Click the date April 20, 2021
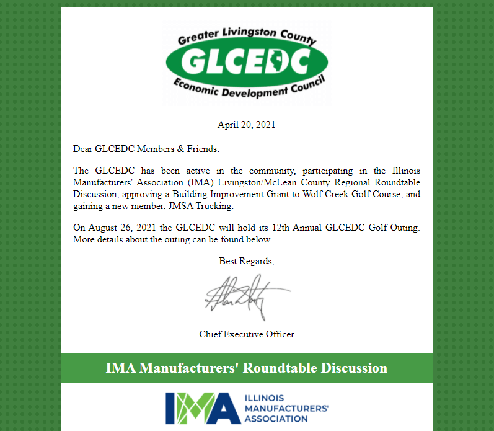(246, 125)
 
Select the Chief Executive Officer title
(246, 334)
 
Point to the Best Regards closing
(246, 261)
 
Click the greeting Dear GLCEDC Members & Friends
(146, 149)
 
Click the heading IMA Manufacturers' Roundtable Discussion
(246, 368)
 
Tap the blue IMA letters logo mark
(202, 407)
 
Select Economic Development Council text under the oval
(247, 87)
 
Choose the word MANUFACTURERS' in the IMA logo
(286, 408)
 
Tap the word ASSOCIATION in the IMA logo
(276, 419)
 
